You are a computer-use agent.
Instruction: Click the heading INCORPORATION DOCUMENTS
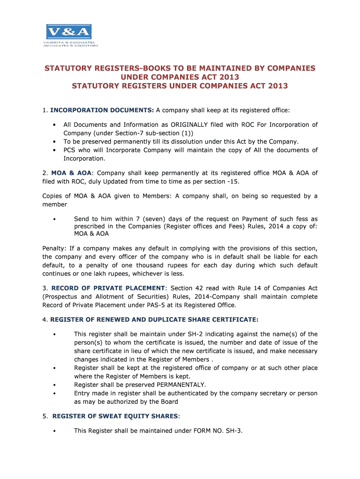pyautogui.click(x=102, y=110)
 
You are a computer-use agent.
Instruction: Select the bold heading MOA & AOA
pyautogui.click(x=72, y=173)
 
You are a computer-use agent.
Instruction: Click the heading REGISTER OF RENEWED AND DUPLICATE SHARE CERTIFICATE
pyautogui.click(x=154, y=319)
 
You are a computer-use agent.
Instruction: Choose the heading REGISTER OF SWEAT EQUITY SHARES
pyautogui.click(x=115, y=416)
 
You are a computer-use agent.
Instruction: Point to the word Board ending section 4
pyautogui.click(x=168, y=402)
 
